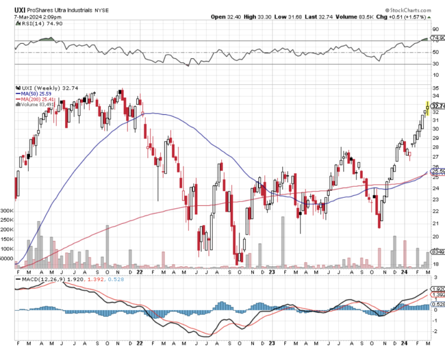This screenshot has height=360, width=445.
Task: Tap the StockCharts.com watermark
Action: point(408,9)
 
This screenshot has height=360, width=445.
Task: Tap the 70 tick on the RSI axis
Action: point(436,41)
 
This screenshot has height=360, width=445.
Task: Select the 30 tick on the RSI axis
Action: point(436,64)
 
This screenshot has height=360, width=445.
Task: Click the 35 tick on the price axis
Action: point(436,88)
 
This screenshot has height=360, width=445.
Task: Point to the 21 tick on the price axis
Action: point(436,223)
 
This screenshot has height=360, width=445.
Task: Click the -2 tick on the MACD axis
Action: point(435,332)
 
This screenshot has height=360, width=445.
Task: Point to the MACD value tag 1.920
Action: point(438,289)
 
